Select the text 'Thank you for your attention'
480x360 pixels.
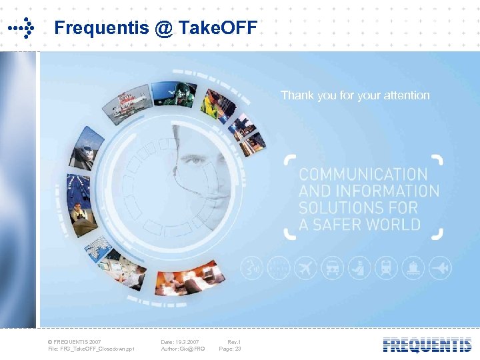pyautogui.click(x=355, y=95)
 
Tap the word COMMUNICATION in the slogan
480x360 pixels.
pyautogui.click(x=363, y=175)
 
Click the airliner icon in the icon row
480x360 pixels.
pyautogui.click(x=306, y=269)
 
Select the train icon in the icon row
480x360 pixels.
pyautogui.click(x=386, y=269)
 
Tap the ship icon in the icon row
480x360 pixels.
pyautogui.click(x=413, y=269)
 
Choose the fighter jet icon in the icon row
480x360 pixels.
pyautogui.click(x=440, y=269)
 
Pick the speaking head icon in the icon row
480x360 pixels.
pyautogui.click(x=252, y=269)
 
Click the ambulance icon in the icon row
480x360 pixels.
pyautogui.click(x=332, y=269)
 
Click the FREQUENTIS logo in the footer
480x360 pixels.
pyautogui.click(x=427, y=345)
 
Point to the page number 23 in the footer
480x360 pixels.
pyautogui.click(x=237, y=349)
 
